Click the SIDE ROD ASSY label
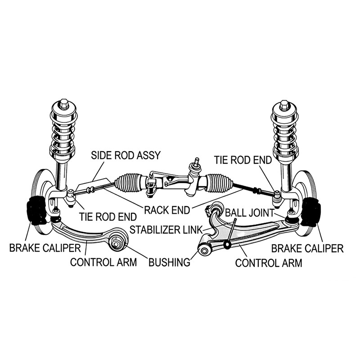[x=126, y=156]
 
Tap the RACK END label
[x=167, y=210]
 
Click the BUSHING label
[x=169, y=262]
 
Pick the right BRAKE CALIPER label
[x=307, y=247]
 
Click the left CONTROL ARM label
[x=103, y=262]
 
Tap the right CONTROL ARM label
[x=269, y=262]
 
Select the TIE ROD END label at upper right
[x=243, y=160]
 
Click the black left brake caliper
[x=35, y=209]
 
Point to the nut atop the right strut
[x=284, y=106]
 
